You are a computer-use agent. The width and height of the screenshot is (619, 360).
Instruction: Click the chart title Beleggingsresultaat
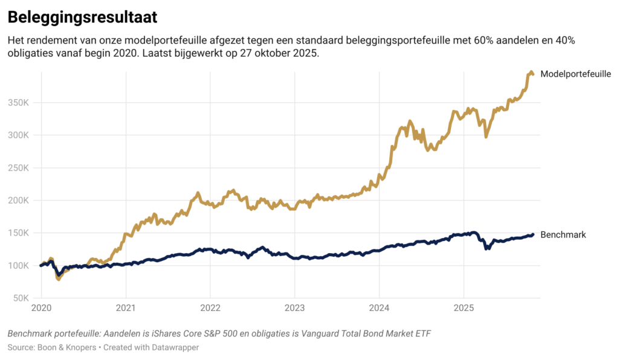coord(82,18)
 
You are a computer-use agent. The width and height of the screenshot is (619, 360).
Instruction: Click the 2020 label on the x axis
coord(41,308)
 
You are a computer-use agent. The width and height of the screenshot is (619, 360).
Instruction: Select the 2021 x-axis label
coord(125,308)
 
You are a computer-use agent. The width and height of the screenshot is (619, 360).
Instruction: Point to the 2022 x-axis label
coord(210,308)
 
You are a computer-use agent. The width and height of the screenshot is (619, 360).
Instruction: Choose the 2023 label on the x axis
coord(294,308)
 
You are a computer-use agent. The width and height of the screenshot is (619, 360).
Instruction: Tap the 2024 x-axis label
coord(378,308)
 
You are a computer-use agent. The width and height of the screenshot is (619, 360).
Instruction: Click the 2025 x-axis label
coord(463,308)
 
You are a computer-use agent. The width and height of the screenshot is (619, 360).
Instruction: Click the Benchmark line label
coord(563,234)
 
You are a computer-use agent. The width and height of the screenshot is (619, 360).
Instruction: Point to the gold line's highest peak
coord(531,72)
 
